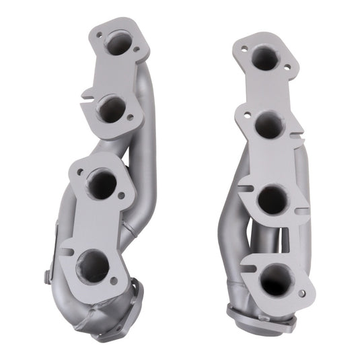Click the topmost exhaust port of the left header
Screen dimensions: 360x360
(x=119, y=44)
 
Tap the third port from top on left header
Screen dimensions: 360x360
(x=102, y=184)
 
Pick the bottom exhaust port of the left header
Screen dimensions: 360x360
(x=94, y=265)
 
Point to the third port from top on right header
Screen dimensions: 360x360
(x=273, y=199)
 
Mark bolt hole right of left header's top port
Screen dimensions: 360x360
(x=137, y=49)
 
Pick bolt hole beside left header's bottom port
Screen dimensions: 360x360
(x=114, y=281)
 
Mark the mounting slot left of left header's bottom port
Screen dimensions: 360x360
(x=66, y=252)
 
